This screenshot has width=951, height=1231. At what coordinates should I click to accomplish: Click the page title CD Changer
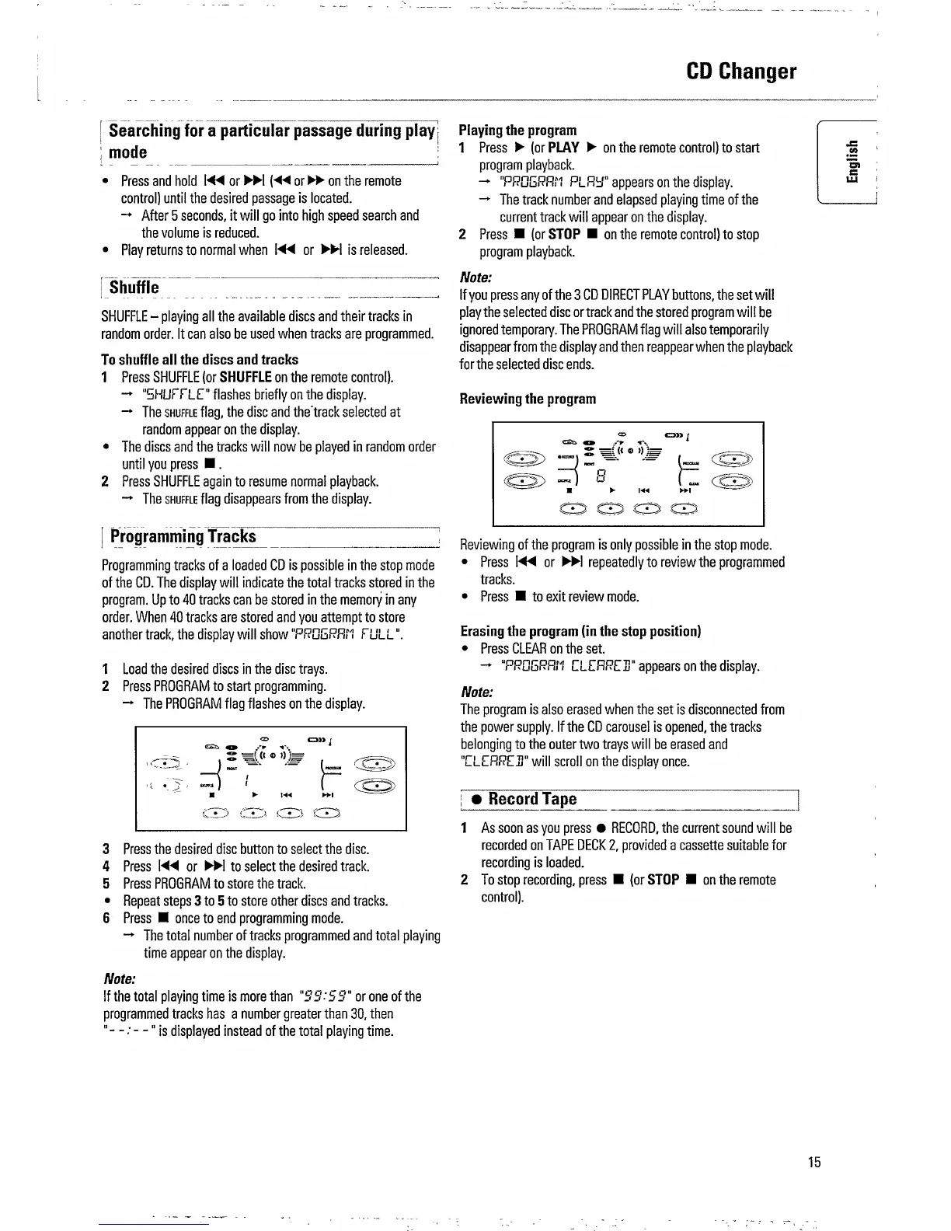pos(741,71)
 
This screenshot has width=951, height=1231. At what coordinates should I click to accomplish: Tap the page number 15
pos(813,1163)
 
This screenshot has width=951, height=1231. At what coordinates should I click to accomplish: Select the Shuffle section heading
pos(134,288)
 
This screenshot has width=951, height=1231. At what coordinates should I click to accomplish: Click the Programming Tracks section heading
pos(183,537)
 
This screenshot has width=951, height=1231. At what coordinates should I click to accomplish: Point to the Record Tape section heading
pos(532,799)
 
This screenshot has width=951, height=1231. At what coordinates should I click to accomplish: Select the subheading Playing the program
pos(517,130)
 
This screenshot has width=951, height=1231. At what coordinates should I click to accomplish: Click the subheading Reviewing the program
pos(528,399)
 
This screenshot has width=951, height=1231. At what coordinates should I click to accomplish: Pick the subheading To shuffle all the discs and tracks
pos(200,359)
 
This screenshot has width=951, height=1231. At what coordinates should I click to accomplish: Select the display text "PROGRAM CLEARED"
pos(566,666)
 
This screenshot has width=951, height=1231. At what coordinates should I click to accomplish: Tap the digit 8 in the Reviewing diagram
pos(599,473)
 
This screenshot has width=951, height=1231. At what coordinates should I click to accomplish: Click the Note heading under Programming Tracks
pos(120,978)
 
